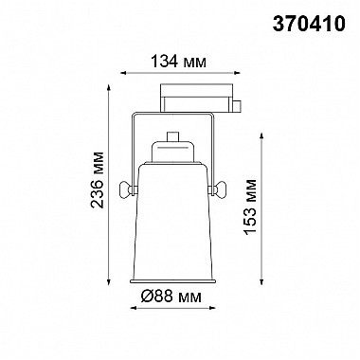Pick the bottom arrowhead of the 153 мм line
click(x=260, y=286)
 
